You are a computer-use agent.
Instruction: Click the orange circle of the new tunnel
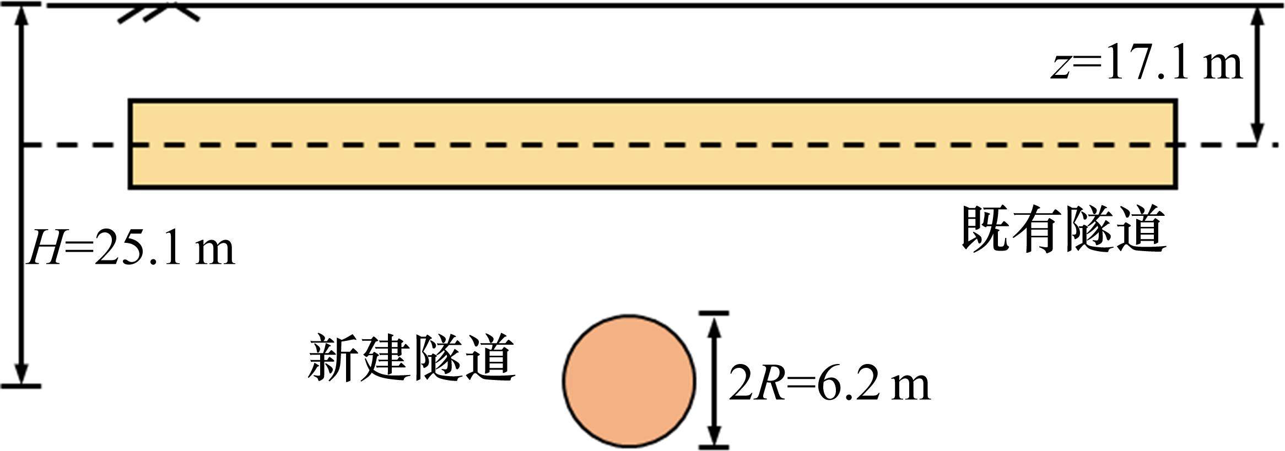point(629,381)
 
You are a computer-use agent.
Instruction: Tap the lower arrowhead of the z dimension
point(1257,135)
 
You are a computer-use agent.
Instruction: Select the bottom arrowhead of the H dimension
point(21,374)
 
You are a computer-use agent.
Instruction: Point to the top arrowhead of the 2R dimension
point(714,325)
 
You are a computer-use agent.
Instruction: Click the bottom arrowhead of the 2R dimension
point(714,435)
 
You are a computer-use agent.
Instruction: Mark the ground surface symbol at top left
point(158,13)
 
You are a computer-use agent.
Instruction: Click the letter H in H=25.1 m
point(44,249)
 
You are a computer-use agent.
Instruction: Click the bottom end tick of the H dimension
point(21,386)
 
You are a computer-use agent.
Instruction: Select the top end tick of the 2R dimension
point(714,313)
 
